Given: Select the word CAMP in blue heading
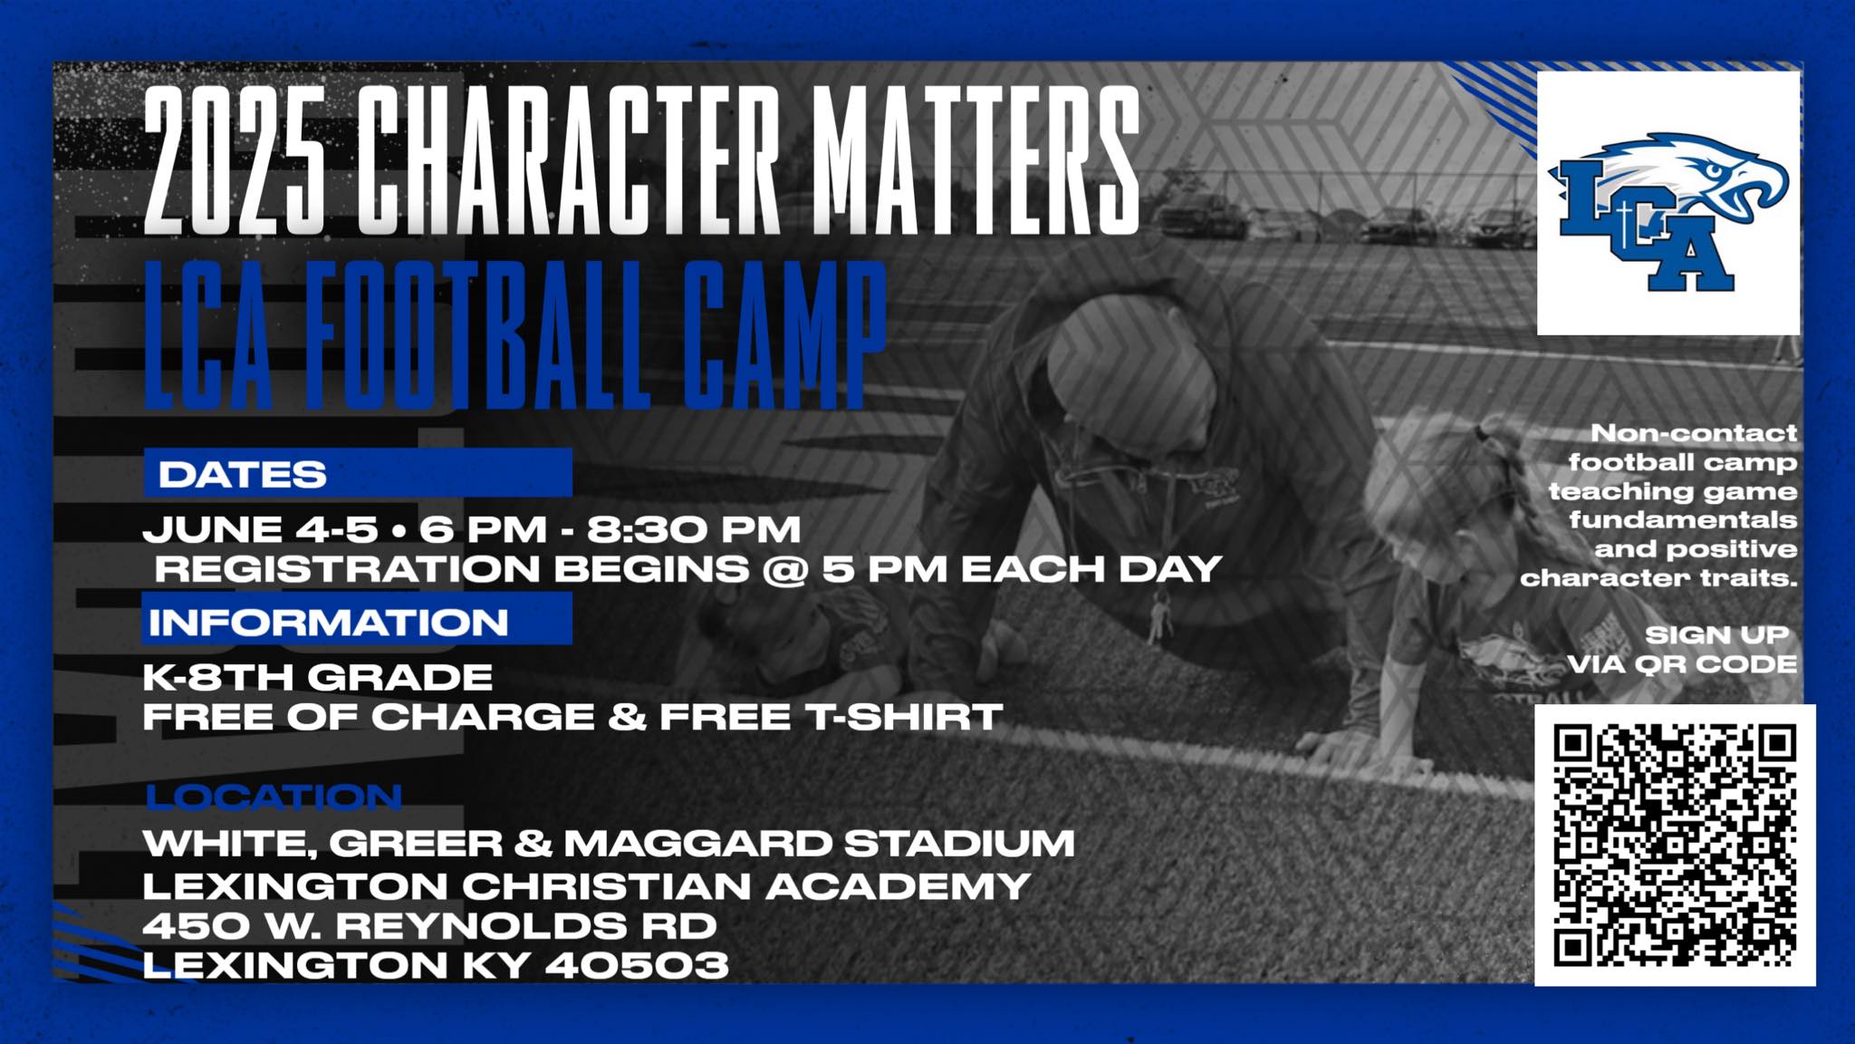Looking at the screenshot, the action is point(783,334).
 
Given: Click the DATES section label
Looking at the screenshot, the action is point(242,475).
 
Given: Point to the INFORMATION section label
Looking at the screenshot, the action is point(328,623).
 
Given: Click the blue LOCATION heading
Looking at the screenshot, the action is point(274,797).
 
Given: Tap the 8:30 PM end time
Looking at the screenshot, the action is point(694,529).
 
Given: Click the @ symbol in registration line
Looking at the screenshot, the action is point(784,570).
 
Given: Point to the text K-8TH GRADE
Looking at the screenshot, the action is point(318,677).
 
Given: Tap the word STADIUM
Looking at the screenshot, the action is point(959,844).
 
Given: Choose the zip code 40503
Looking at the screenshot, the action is point(637,965).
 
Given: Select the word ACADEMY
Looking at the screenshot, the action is point(899,885).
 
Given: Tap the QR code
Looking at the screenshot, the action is point(1675,845).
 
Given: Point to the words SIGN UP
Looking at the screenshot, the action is point(1717,635).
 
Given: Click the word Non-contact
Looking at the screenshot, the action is point(1694,433).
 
